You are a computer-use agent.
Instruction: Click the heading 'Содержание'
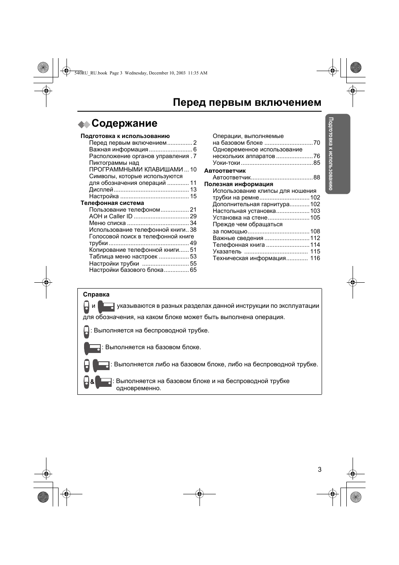pyautogui.click(x=124, y=123)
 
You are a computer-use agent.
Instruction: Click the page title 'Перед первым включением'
pyautogui.click(x=247, y=102)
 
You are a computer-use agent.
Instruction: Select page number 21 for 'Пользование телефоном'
pyautogui.click(x=193, y=210)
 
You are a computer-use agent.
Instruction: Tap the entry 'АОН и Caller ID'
pyautogui.click(x=111, y=217)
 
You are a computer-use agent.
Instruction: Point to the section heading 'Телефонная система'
pyautogui.click(x=112, y=203)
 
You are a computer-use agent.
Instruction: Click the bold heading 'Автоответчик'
pyautogui.click(x=225, y=171)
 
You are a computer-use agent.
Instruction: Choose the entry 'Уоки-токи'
pyautogui.click(x=226, y=163)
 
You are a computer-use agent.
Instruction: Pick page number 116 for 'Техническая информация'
pyautogui.click(x=315, y=258)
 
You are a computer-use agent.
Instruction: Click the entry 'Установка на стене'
pyautogui.click(x=240, y=218)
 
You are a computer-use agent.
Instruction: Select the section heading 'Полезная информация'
pyautogui.click(x=238, y=184)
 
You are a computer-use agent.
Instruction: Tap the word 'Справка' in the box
pyautogui.click(x=96, y=294)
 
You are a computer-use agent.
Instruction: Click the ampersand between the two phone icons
pyautogui.click(x=92, y=382)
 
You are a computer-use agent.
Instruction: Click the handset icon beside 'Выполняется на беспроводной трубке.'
pyautogui.click(x=86, y=331)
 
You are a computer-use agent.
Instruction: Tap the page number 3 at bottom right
pyautogui.click(x=320, y=469)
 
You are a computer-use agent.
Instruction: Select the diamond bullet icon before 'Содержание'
pyautogui.click(x=84, y=124)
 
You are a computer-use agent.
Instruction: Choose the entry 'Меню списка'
pyautogui.click(x=107, y=223)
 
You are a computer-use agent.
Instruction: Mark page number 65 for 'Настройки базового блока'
pyautogui.click(x=193, y=270)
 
